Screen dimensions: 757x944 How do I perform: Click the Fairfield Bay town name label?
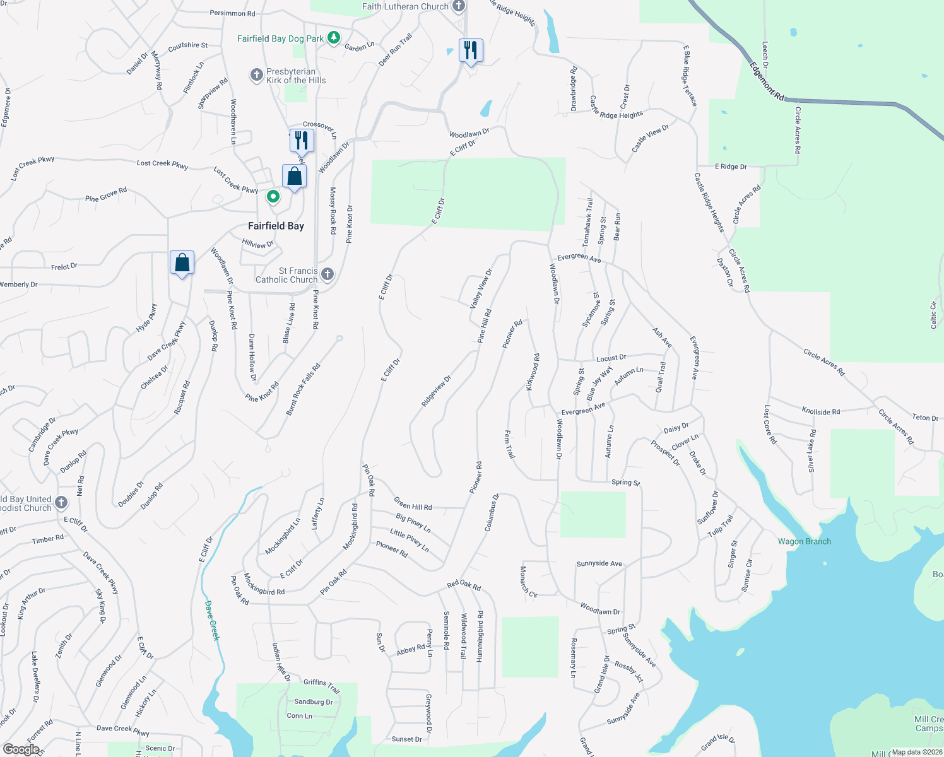[276, 226]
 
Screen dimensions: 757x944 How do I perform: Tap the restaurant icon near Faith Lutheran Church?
[471, 50]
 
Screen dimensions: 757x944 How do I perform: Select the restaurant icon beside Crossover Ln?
[302, 140]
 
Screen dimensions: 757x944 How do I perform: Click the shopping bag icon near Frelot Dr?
[182, 262]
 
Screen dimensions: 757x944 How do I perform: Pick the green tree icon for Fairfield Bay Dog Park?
[334, 38]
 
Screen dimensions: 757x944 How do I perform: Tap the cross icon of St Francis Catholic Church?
[327, 274]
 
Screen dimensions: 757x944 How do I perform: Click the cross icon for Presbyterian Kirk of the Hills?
[256, 75]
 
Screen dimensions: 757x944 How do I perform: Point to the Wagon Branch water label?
[804, 541]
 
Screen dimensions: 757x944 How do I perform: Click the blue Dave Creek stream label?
[213, 621]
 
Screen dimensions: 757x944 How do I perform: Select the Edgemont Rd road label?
[767, 81]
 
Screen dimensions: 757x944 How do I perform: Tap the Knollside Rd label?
[820, 411]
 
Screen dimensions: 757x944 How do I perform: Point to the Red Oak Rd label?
[464, 585]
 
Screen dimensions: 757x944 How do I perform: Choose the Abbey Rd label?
[411, 650]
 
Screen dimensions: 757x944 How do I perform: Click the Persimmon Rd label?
[232, 13]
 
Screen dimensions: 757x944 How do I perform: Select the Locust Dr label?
[611, 358]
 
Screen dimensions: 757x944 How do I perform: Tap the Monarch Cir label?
[528, 582]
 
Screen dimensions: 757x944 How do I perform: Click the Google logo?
[21, 749]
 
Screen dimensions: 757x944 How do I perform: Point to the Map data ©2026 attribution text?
[915, 752]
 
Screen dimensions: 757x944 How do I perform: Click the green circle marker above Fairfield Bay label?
[273, 197]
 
